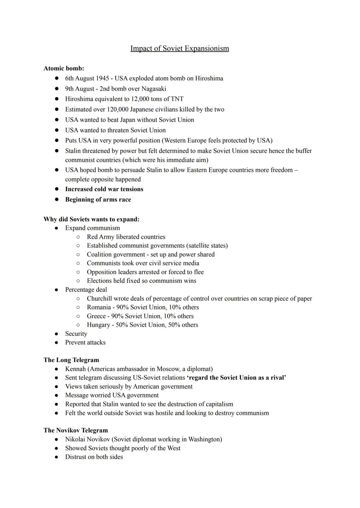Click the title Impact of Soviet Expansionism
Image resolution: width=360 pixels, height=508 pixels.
coord(179,49)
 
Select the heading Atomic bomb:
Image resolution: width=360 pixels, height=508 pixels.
coord(64,68)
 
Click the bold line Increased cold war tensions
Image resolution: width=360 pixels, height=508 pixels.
coord(104,189)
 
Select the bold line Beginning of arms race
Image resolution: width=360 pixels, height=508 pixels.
coord(98,200)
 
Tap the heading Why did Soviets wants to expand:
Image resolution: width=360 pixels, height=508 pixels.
coord(91,219)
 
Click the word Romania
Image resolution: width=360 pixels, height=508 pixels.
coord(99,307)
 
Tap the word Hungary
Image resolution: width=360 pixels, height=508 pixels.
coord(98,325)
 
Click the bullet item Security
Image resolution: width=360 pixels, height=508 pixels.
coord(76,334)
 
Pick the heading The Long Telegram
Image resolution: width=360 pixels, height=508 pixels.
coord(71,360)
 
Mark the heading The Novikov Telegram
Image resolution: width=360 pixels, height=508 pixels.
coord(76,430)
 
